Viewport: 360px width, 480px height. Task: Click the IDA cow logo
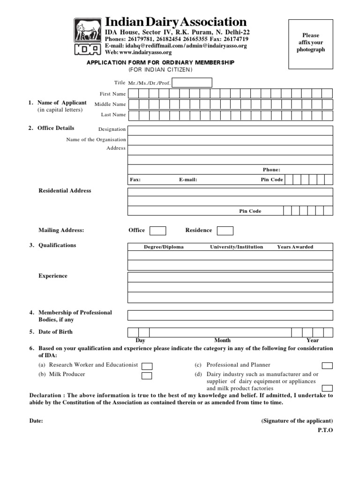pyautogui.click(x=87, y=37)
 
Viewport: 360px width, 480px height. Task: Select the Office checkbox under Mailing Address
pyautogui.click(x=157, y=231)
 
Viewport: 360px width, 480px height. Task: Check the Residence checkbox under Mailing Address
pyautogui.click(x=225, y=231)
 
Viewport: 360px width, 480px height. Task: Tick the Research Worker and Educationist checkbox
pyautogui.click(x=147, y=366)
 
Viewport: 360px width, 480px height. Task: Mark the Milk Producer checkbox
pyautogui.click(x=147, y=375)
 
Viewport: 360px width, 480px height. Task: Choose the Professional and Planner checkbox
pyautogui.click(x=327, y=366)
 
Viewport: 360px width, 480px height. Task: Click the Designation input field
pyautogui.click(x=230, y=130)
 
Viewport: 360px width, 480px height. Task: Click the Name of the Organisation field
pyautogui.click(x=230, y=140)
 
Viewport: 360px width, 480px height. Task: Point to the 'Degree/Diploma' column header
pyautogui.click(x=164, y=247)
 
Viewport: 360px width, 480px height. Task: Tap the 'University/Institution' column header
pyautogui.click(x=236, y=247)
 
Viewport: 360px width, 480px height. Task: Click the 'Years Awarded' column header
pyautogui.click(x=295, y=247)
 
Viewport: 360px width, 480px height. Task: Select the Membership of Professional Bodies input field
pyautogui.click(x=230, y=315)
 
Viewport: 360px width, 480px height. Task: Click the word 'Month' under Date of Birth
pyautogui.click(x=222, y=341)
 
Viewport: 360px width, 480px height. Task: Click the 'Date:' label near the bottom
pyautogui.click(x=36, y=421)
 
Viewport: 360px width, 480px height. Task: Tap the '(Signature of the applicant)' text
pyautogui.click(x=297, y=421)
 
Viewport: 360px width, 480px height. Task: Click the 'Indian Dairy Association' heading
pyautogui.click(x=176, y=22)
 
